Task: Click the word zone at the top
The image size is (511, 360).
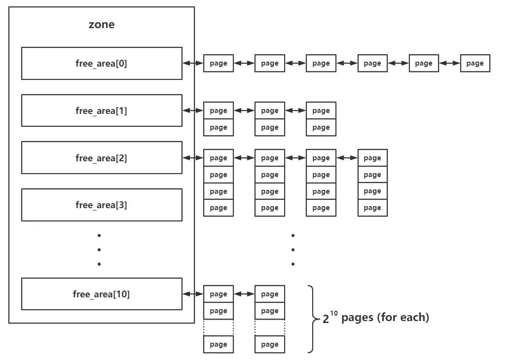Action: point(101,25)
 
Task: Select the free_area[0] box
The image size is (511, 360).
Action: point(102,63)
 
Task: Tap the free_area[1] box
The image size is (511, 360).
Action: point(102,110)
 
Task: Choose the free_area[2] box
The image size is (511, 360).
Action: point(102,158)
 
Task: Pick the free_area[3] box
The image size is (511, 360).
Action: point(102,205)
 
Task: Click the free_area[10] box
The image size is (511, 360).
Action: point(102,294)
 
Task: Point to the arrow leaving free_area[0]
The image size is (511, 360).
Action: point(193,63)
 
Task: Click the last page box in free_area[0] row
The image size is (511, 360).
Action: point(474,63)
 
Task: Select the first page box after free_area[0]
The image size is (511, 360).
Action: point(218,63)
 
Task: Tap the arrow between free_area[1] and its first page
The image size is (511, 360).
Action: point(193,110)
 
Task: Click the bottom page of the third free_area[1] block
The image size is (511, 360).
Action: point(321,127)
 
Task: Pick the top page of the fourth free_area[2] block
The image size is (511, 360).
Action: point(372,158)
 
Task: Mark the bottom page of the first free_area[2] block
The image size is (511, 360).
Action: point(218,208)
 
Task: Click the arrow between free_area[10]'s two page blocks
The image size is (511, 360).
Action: point(244,294)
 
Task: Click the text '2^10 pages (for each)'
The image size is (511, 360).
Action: point(376,318)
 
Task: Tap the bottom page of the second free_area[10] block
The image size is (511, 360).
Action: point(269,344)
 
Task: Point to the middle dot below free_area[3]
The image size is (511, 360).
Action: point(99,250)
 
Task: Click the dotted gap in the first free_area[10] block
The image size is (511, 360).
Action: point(218,327)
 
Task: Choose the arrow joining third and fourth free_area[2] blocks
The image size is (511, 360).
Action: point(347,158)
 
